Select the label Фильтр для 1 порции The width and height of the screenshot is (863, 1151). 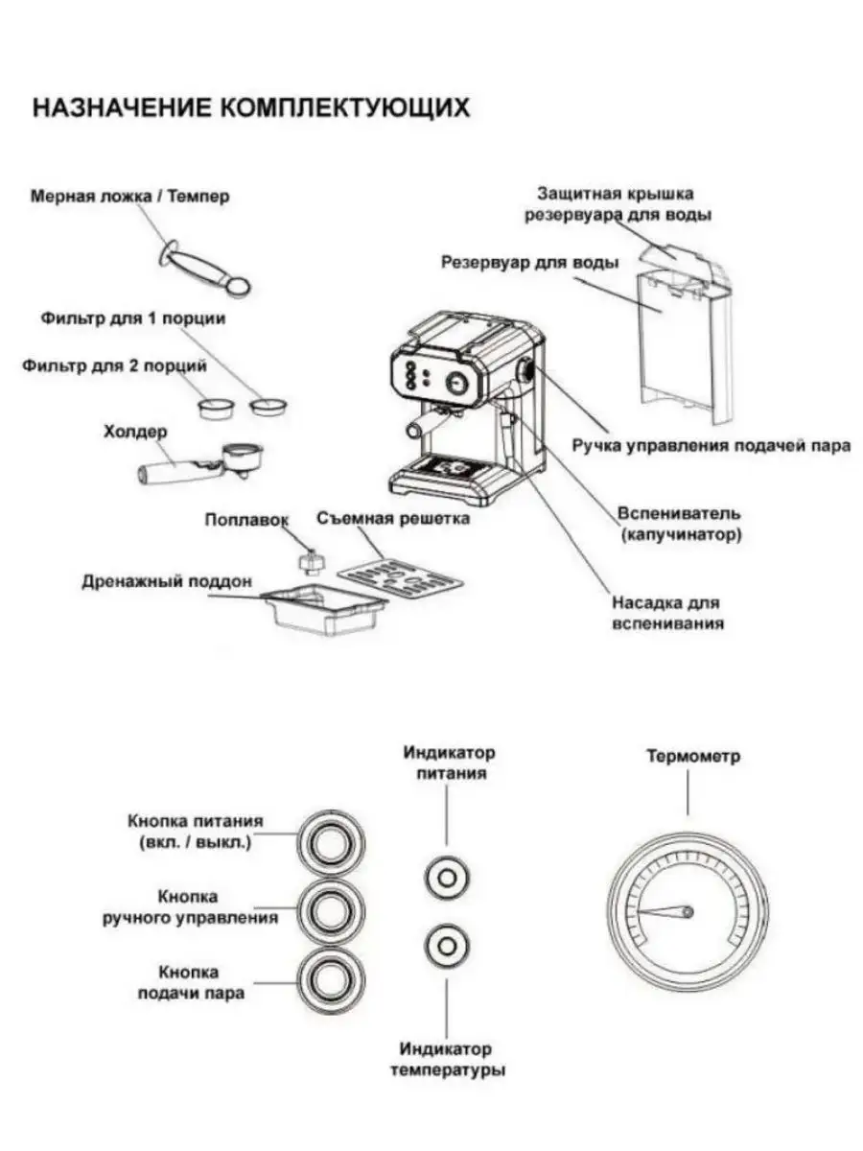133,317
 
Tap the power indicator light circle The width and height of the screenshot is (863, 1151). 447,876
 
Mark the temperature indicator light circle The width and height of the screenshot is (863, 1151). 447,945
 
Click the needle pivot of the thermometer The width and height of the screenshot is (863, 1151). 688,910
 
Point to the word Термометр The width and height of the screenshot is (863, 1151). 693,756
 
